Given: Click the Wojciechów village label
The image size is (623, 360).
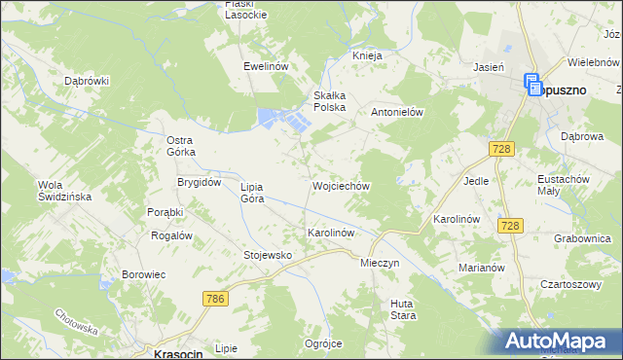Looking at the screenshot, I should (x=340, y=185).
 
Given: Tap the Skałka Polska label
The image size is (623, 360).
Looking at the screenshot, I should (x=329, y=100).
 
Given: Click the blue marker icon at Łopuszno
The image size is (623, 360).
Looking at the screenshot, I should (x=534, y=86).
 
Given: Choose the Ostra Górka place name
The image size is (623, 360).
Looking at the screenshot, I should (x=181, y=146).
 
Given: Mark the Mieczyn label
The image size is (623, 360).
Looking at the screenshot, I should (x=380, y=264).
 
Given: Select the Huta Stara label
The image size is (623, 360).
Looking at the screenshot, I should (x=403, y=309).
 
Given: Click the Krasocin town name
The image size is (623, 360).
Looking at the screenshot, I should (x=178, y=354).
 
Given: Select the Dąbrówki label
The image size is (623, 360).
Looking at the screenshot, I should (x=85, y=81).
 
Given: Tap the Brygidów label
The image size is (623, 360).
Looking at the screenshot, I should (x=200, y=182).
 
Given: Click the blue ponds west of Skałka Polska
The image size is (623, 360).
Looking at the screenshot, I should (x=283, y=120).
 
